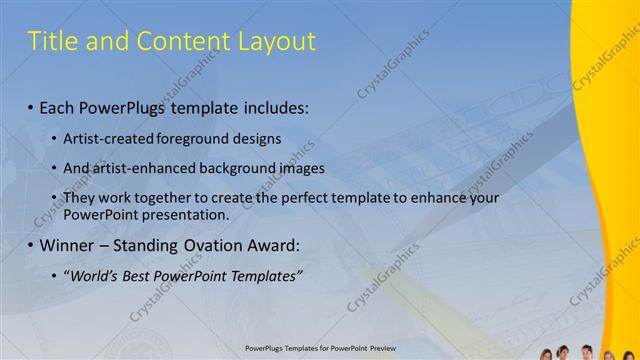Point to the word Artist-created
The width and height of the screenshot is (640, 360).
tap(106, 139)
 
